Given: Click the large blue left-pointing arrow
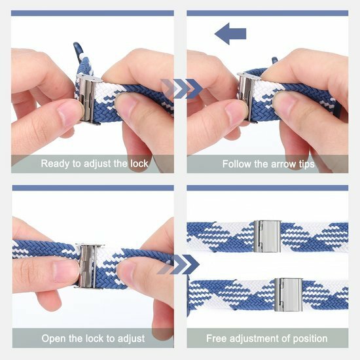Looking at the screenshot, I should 230,33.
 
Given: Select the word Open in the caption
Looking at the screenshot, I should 54,338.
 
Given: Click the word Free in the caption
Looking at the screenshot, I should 217,338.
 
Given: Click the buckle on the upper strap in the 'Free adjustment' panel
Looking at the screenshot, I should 267,236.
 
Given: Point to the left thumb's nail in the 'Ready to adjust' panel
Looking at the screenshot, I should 69,113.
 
